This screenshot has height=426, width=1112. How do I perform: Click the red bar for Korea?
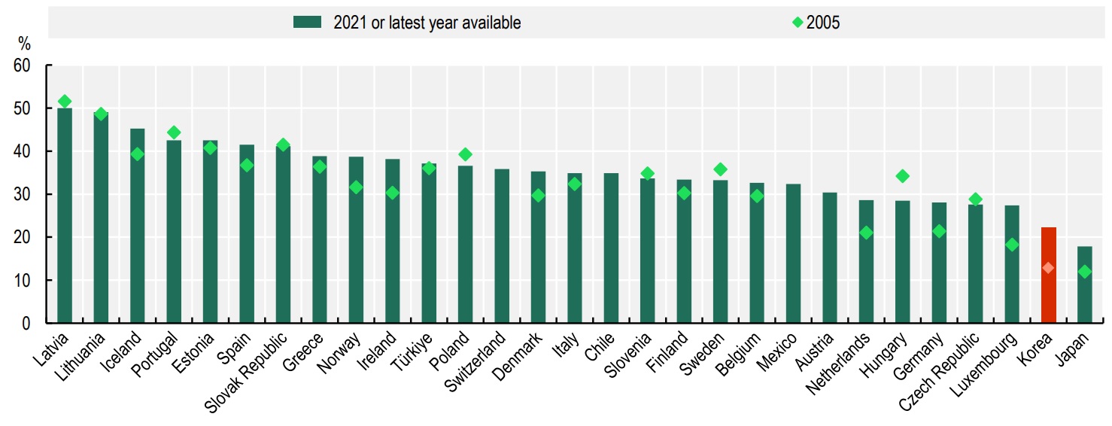point(1048,275)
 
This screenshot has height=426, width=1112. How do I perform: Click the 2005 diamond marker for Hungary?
point(903,176)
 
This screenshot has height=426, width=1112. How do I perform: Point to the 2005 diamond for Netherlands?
point(866,233)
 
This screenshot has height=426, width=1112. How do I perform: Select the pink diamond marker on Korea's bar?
point(1048,268)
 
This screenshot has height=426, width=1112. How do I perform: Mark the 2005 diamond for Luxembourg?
point(1012,245)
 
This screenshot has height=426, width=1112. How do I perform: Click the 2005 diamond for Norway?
point(356,187)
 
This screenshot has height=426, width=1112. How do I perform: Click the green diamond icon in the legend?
point(797,23)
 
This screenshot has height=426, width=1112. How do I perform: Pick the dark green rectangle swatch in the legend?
point(307,23)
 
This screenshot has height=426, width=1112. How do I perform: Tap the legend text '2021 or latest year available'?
point(427,23)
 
